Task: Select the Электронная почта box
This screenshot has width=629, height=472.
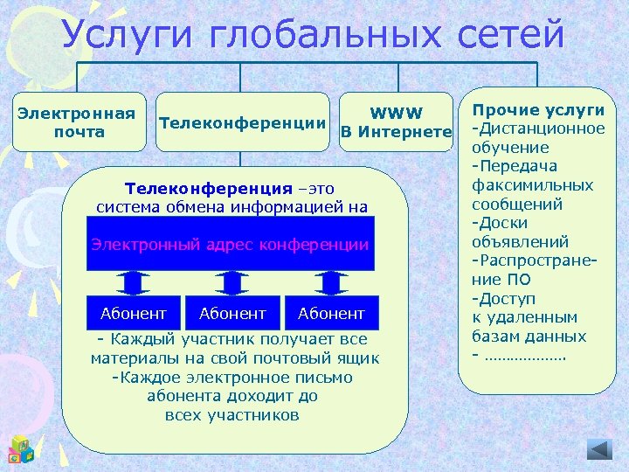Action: coord(77,122)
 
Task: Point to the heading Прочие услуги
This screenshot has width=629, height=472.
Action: coord(538,110)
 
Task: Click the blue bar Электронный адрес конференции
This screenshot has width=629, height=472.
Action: coord(231,244)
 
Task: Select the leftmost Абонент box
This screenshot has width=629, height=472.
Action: coord(133,313)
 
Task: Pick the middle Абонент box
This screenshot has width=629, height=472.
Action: coord(232,313)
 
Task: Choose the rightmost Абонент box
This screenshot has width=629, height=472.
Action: coord(331,313)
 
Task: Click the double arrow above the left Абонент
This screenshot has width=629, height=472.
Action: coord(133,283)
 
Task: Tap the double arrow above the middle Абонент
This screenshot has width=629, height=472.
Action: coord(232,283)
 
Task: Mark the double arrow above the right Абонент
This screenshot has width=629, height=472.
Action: coord(330,283)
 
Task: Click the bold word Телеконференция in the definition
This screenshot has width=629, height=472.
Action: coord(208,188)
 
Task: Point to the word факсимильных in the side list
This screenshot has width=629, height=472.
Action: coord(532,185)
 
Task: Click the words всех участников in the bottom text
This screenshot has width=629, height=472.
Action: coord(232,414)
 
